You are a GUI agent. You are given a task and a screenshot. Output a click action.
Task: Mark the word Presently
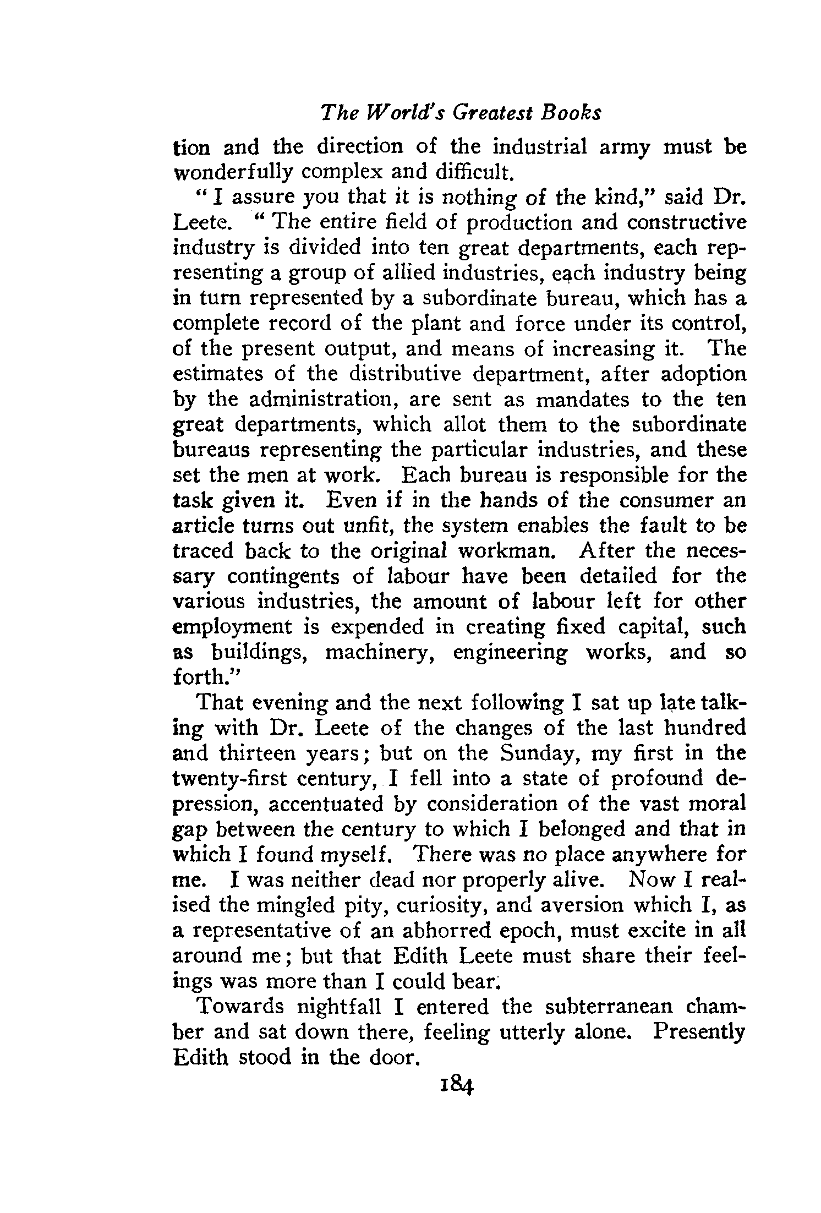tap(698, 1032)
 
